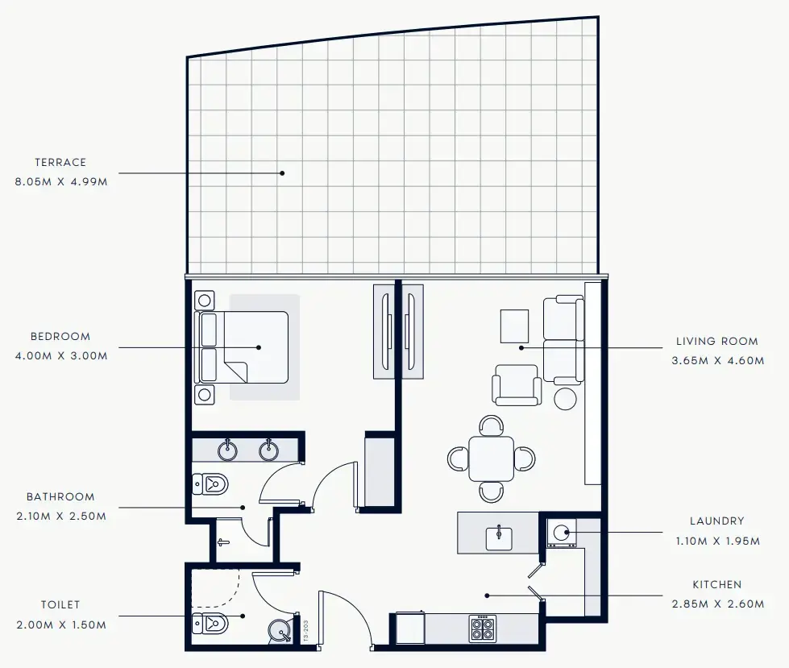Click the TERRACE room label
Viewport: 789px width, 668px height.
60,163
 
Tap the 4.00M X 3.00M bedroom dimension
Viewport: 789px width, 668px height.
60,355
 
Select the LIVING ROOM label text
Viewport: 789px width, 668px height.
716,342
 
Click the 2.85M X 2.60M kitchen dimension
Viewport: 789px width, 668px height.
716,603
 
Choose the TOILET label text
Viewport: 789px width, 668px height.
60,605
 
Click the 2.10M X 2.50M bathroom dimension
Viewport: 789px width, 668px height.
60,517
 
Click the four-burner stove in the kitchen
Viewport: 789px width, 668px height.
482,627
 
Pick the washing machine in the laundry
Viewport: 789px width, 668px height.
563,533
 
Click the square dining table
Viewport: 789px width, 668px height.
491,458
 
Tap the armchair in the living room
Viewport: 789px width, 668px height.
517,385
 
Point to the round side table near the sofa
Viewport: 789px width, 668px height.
566,398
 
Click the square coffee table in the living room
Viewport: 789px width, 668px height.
514,326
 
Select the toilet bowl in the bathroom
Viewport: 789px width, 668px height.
212,484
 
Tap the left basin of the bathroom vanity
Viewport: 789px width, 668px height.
229,450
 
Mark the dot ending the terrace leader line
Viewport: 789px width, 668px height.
282,172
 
